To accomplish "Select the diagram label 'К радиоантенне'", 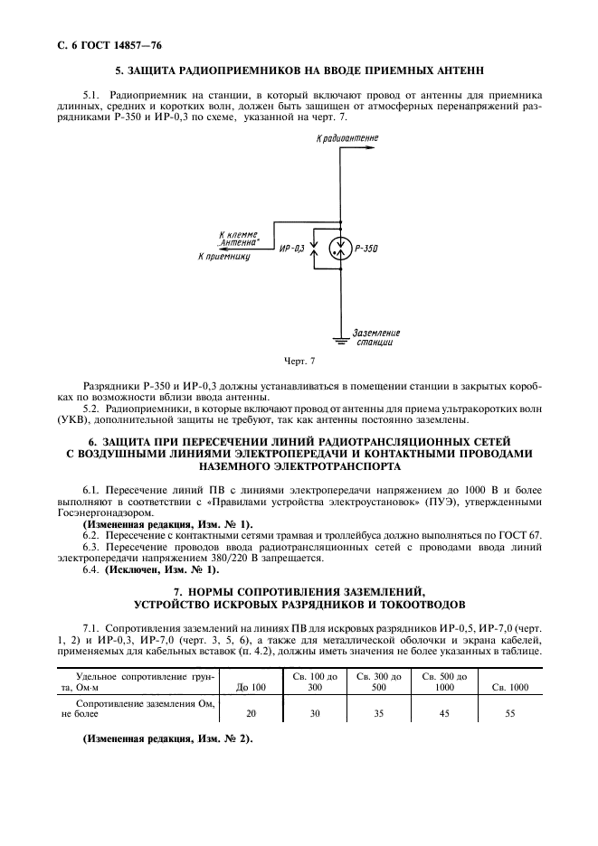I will (347, 138).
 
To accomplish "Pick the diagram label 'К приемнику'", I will (223, 257).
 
